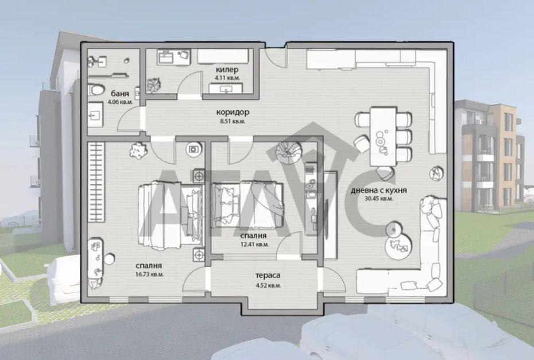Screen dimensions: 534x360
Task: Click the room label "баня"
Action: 120,94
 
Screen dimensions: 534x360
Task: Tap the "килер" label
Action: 227,70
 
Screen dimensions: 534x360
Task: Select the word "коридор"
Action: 233,112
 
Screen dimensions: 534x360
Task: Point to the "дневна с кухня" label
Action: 379,191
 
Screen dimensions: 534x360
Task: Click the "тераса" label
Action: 268,276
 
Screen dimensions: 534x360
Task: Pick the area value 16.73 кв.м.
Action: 149,274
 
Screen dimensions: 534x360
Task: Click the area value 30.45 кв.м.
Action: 379,199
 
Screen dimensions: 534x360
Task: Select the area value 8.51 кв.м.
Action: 233,121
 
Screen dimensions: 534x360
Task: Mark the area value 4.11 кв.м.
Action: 227,78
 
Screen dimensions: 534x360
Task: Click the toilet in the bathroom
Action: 96,90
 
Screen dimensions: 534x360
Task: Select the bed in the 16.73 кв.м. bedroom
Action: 171,214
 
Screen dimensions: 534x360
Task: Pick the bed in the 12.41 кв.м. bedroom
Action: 247,205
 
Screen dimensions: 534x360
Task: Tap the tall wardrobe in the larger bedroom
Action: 96,182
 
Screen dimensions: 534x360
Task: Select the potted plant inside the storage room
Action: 153,85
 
